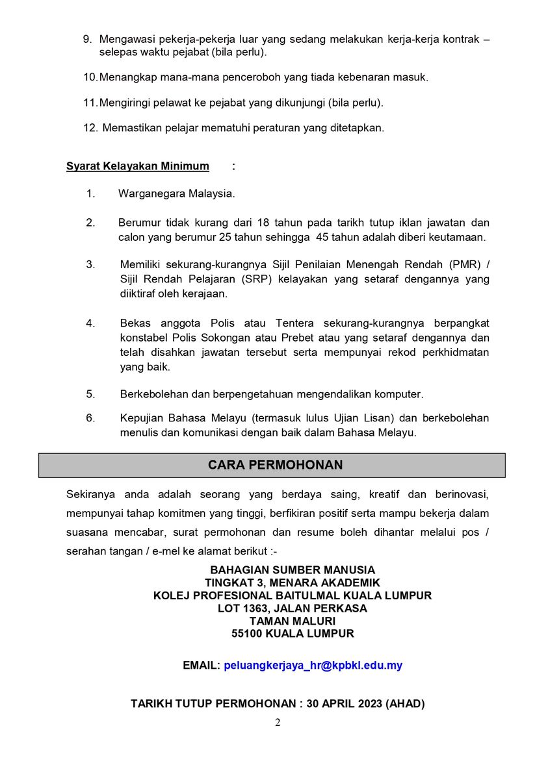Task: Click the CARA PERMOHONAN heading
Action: [275, 465]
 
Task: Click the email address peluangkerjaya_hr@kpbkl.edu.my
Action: [313, 666]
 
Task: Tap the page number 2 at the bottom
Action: [278, 723]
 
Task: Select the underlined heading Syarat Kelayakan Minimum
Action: [138, 166]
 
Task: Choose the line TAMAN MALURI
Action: [293, 621]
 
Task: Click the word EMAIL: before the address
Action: [201, 666]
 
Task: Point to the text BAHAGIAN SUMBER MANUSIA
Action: [293, 571]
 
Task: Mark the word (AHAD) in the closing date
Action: [405, 703]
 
